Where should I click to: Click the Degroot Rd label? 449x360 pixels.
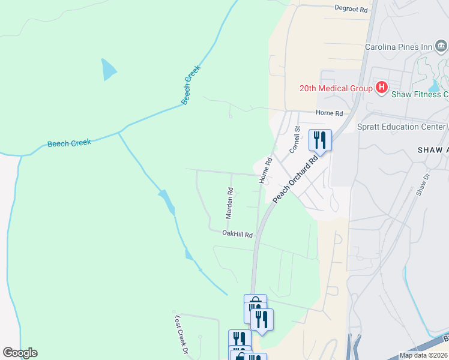pos(351,9)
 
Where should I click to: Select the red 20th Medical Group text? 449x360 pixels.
pos(336,89)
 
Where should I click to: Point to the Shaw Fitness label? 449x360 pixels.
pos(420,94)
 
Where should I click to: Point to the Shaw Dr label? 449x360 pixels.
pos(423,184)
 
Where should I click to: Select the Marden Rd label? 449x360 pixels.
pos(229,203)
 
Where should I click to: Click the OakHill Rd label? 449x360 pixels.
pos(237,233)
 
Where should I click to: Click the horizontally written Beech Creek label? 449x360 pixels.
pos(69,143)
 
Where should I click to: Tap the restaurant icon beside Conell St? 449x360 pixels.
pos(320,140)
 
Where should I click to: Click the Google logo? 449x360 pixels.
pos(20,353)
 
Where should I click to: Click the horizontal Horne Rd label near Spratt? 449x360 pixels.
pos(330,113)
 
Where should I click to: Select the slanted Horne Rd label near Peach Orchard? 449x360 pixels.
pos(265,170)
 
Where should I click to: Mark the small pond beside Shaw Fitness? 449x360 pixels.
pos(433,86)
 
